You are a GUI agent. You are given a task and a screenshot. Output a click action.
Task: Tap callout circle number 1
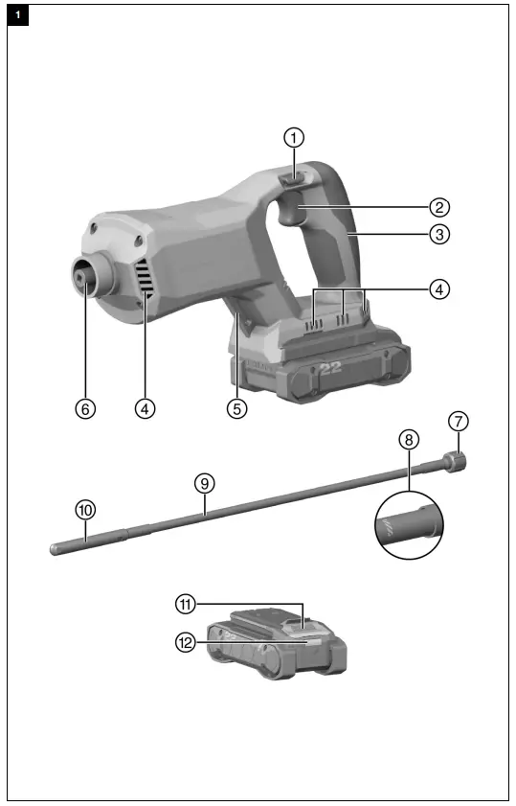point(296,136)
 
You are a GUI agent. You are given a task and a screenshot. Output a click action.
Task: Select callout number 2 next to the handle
point(439,206)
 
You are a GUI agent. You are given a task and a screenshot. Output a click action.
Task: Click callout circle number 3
point(439,233)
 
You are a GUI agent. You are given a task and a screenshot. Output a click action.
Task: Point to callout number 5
point(237,407)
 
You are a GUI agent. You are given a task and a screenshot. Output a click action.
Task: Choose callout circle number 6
point(85,407)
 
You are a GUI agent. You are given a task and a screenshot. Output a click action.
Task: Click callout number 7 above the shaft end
point(460,421)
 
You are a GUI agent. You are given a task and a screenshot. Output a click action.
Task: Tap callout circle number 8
point(409,439)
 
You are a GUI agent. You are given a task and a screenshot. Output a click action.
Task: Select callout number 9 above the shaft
point(203,484)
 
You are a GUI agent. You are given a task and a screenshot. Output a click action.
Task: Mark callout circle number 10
point(85,511)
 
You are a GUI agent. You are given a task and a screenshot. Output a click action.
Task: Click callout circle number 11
point(185,604)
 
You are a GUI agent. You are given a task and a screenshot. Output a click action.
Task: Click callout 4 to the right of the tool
point(439,288)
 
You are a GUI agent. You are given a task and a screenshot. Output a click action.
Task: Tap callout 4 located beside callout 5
point(145,407)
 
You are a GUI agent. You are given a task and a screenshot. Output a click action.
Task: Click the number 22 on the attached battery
point(330,369)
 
